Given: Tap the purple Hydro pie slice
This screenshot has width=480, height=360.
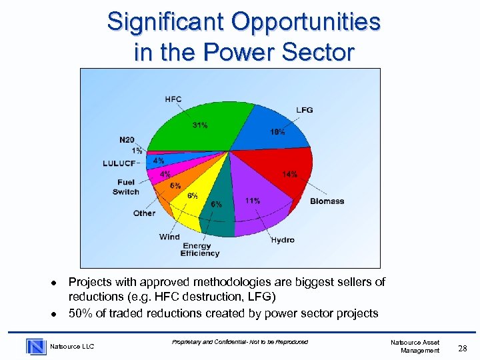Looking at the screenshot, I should tap(260, 210).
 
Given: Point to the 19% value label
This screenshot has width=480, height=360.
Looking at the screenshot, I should tap(277, 132).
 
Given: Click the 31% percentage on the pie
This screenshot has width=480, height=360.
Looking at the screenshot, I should tap(199, 125).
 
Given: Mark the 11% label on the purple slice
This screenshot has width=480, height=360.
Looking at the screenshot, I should tap(253, 201).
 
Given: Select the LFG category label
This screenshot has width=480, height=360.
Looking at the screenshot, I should tap(304, 110).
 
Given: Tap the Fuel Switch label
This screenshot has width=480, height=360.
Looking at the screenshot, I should tap(125, 187).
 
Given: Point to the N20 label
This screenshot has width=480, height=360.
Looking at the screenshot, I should tap(127, 140).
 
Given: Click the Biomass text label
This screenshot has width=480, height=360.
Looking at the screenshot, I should tap(327, 201).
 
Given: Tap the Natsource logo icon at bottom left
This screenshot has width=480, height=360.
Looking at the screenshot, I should tap(35, 346).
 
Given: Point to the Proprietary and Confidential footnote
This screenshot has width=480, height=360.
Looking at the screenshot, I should tap(239, 342).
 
